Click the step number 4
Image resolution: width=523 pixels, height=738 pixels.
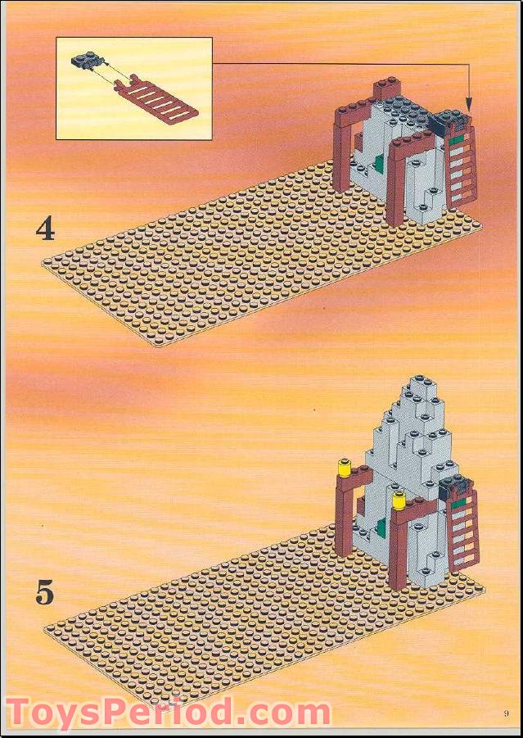[45, 229]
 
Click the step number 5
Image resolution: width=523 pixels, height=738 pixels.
[45, 592]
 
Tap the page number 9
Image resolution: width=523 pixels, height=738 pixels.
[507, 713]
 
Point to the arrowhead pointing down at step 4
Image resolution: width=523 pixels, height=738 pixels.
[470, 106]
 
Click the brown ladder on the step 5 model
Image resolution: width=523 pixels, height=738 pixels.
[462, 528]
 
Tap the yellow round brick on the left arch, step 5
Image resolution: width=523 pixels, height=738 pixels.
[344, 469]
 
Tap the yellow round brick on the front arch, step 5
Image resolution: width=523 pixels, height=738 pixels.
[399, 500]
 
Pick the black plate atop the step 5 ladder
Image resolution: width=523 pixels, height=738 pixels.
[455, 488]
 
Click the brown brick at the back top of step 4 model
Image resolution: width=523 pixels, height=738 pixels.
[385, 88]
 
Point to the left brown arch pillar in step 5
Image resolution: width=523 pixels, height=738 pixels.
[342, 520]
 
